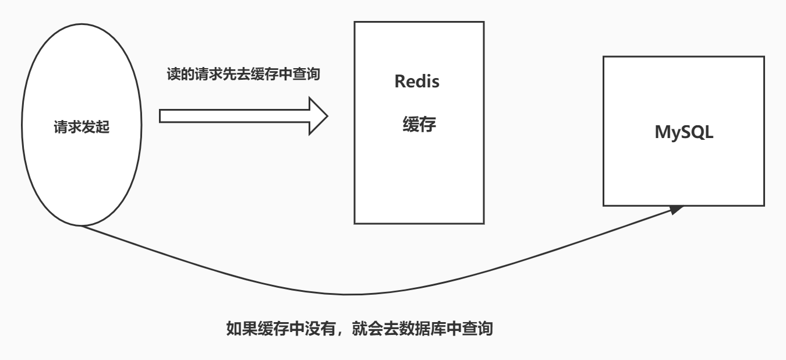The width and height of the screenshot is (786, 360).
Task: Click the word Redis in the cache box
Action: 417,82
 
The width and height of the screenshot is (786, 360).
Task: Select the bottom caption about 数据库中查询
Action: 359,330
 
